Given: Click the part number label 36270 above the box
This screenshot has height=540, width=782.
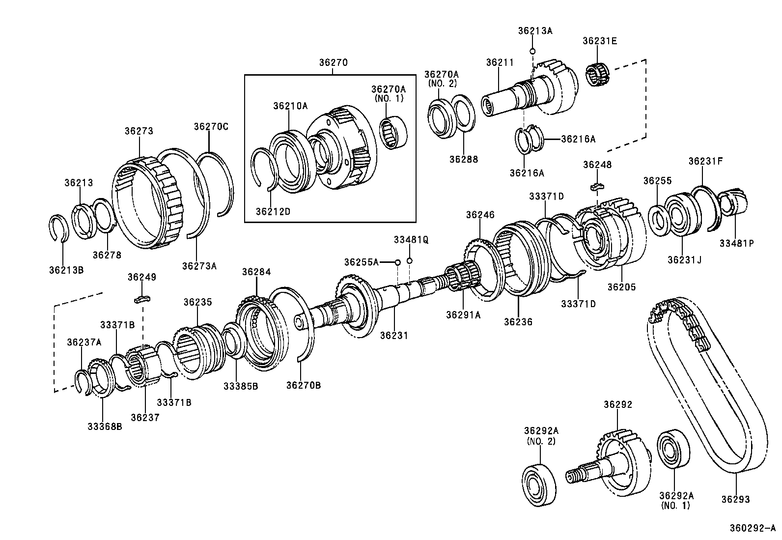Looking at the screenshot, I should [333, 62].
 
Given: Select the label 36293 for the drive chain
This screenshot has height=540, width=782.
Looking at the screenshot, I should [735, 499].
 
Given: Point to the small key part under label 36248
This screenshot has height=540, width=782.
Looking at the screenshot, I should [597, 186].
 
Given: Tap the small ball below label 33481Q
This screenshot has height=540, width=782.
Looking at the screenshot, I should [410, 260].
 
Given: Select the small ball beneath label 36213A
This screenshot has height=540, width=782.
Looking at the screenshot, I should [532, 51].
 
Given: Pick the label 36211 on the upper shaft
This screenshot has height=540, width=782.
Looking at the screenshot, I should [500, 62].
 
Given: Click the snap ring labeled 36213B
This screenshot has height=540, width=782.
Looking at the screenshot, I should [61, 228].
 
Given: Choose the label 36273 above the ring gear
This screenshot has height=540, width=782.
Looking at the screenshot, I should [139, 131].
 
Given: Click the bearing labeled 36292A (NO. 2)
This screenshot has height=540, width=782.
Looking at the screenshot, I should [539, 484].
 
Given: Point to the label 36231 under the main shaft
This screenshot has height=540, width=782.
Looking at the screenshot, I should [394, 335].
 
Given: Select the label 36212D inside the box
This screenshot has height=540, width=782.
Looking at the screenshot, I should [273, 211].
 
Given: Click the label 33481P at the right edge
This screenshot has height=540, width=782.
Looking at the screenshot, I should [736, 243].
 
